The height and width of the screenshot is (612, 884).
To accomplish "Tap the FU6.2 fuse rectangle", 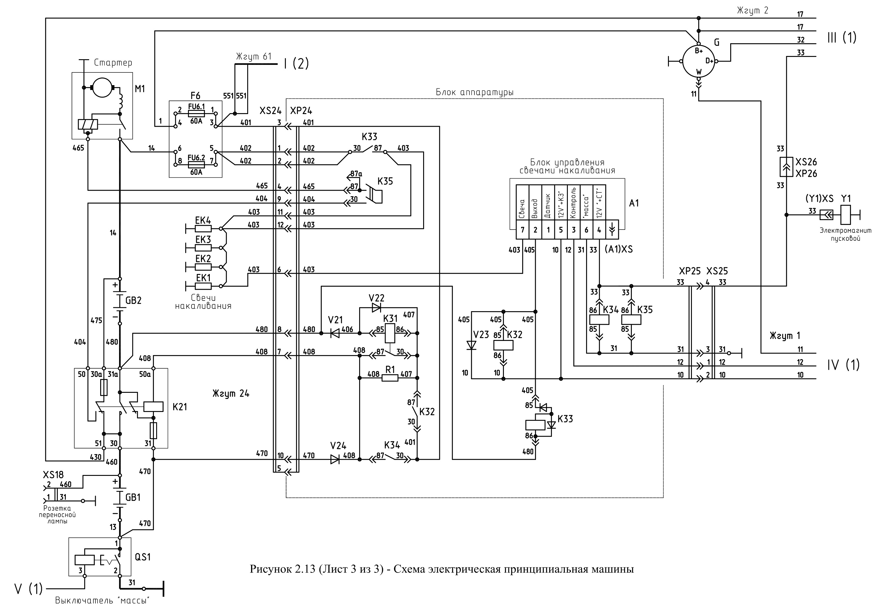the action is pyautogui.click(x=196, y=164).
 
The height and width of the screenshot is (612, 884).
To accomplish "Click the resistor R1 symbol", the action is pyautogui.click(x=390, y=378).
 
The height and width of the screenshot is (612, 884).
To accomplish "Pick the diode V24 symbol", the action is pyautogui.click(x=335, y=459).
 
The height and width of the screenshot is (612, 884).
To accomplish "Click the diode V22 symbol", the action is pyautogui.click(x=376, y=308).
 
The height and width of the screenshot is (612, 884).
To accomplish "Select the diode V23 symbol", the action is pyautogui.click(x=471, y=345).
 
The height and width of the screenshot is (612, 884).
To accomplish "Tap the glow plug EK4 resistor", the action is pyautogui.click(x=203, y=229).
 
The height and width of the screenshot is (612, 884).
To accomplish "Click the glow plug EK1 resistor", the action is pyautogui.click(x=203, y=286).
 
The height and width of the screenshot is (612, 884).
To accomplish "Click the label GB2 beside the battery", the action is pyautogui.click(x=133, y=301).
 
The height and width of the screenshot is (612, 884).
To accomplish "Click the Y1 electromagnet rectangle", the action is pyautogui.click(x=845, y=215).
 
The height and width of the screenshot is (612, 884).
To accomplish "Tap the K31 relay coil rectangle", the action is pyautogui.click(x=390, y=333).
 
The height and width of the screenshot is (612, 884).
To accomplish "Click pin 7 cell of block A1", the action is pyautogui.click(x=522, y=230).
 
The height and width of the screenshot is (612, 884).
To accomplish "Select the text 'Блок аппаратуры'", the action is pyautogui.click(x=474, y=93).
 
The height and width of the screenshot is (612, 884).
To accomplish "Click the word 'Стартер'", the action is pyautogui.click(x=113, y=63).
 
